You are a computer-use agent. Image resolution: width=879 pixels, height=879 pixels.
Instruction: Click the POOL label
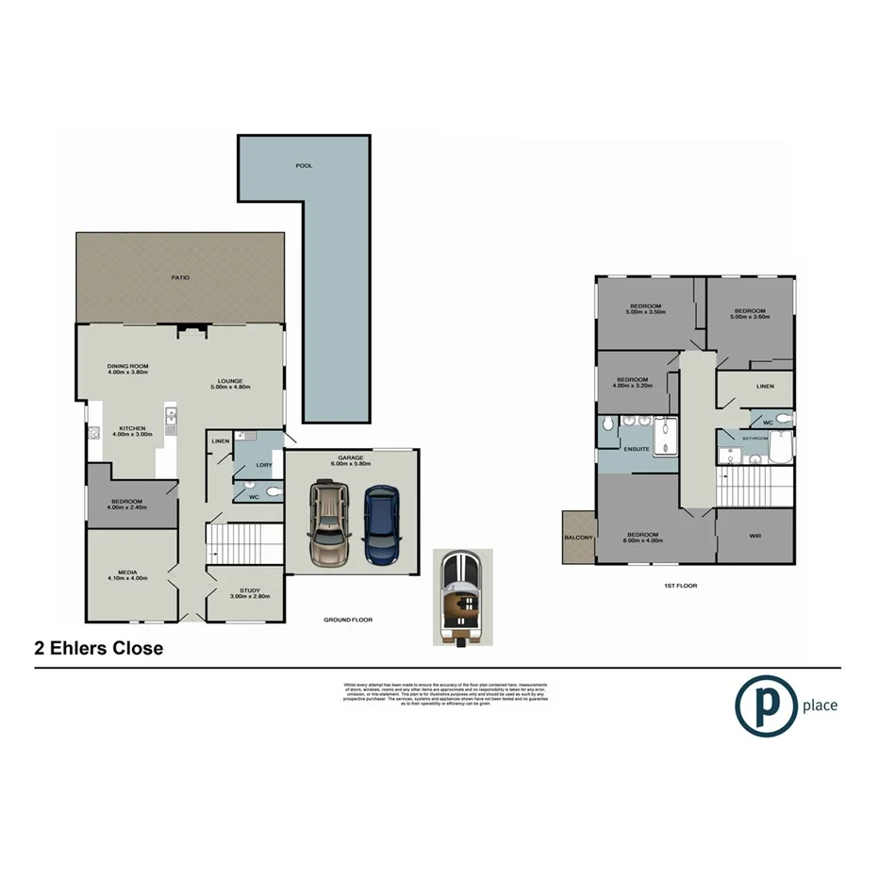pos(304,165)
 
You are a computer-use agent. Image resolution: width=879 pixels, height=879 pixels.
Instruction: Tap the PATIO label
pos(180,278)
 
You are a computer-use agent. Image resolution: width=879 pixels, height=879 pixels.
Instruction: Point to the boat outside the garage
pos(460,596)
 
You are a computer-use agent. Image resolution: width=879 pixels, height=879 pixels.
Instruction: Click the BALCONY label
pos(577,538)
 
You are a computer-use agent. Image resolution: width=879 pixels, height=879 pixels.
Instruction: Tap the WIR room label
pos(755,536)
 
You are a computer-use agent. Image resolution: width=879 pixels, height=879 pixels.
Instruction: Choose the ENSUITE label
pos(637,449)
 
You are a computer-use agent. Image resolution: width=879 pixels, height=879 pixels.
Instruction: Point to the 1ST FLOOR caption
pos(679,586)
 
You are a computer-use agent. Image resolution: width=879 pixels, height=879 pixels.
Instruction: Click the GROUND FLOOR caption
pos(348,620)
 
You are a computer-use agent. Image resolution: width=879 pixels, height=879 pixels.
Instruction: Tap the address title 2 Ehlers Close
pos(98,649)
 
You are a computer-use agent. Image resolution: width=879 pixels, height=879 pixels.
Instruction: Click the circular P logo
pos(766,705)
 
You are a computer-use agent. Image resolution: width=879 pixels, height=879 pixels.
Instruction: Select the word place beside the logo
pos(820,705)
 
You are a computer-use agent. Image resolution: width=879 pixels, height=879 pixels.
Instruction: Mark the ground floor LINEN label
pos(221,441)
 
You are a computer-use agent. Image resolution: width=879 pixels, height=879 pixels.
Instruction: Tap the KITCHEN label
pos(131,428)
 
